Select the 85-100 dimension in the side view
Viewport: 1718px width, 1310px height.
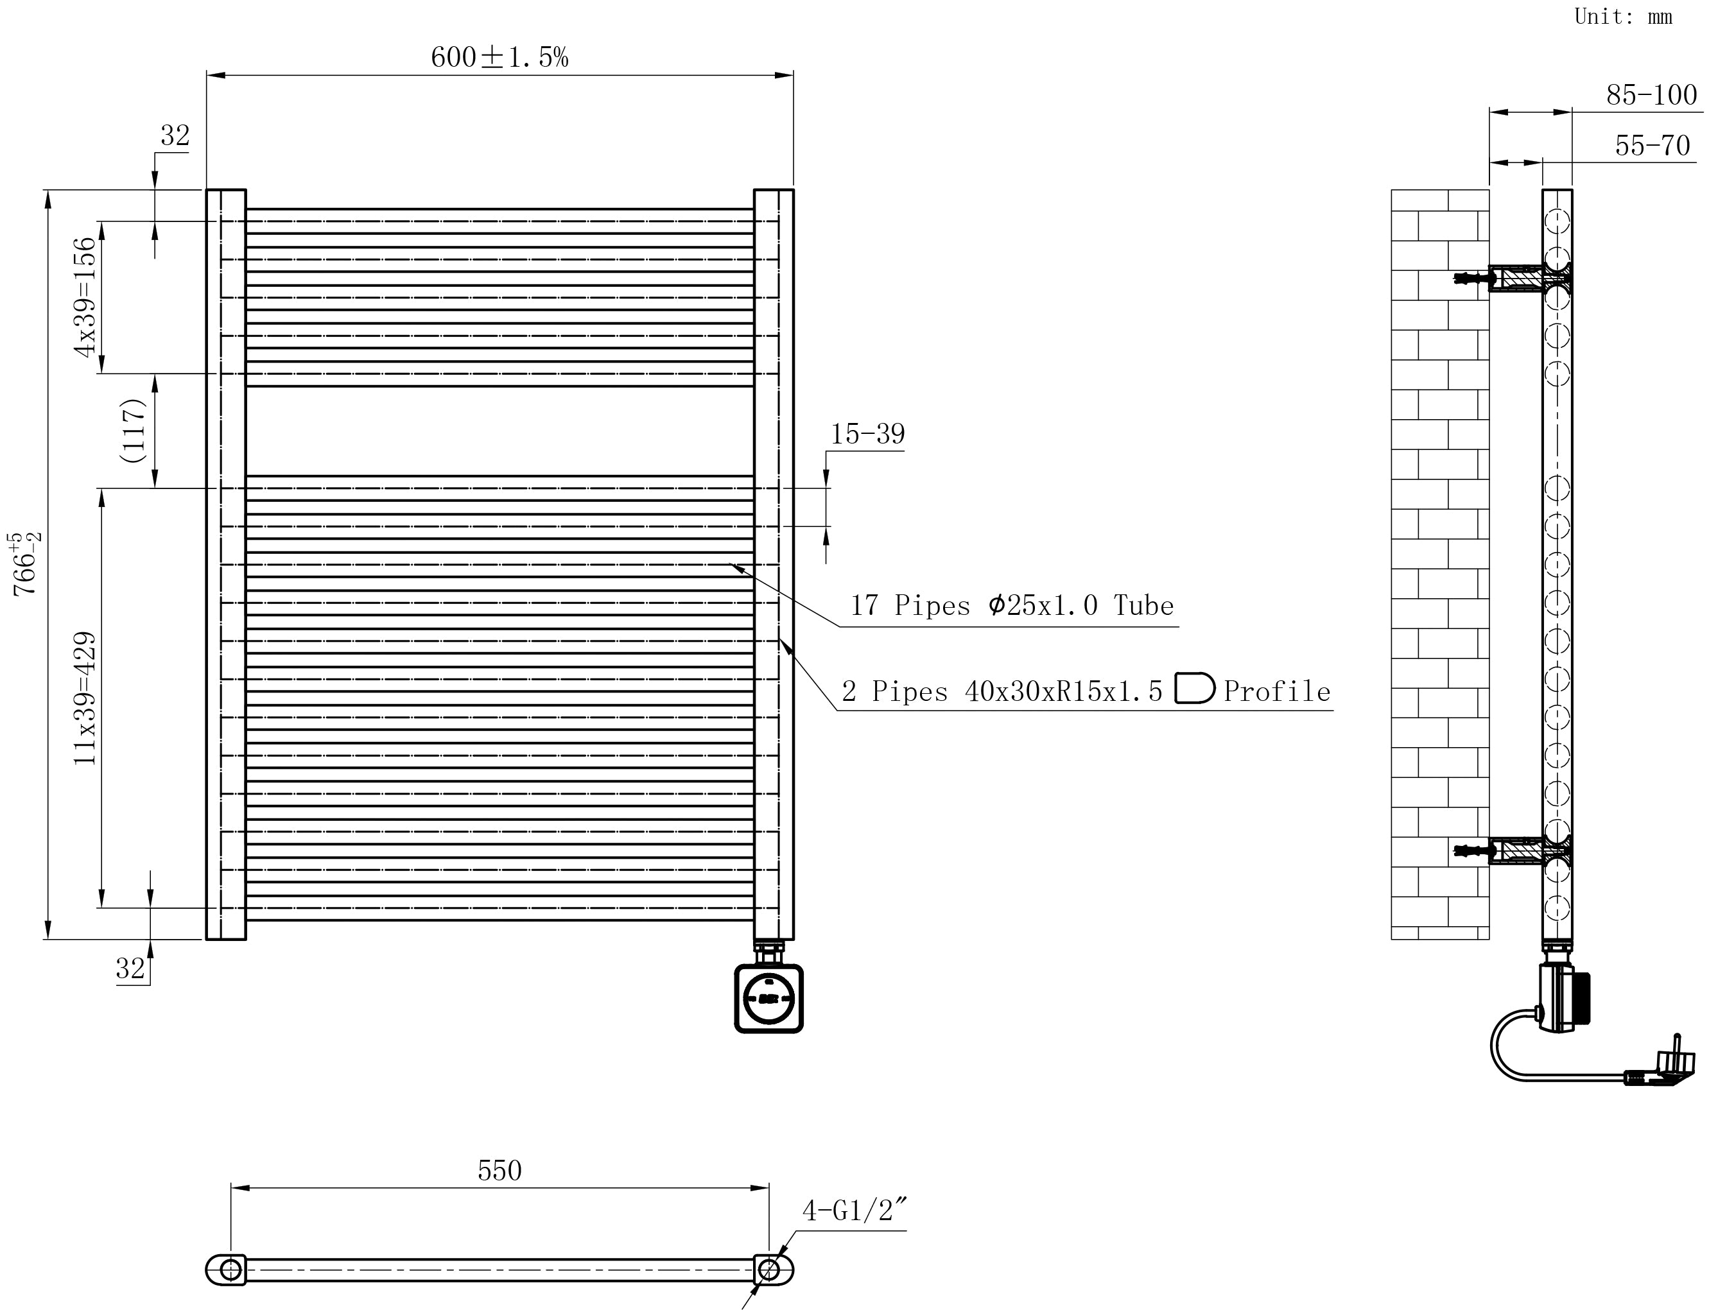tap(1651, 95)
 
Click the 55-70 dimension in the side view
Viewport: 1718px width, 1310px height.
tap(1652, 146)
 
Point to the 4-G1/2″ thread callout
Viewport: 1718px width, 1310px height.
tap(855, 1210)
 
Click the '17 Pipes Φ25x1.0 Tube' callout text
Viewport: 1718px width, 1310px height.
tap(1011, 606)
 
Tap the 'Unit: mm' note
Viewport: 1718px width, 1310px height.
tap(1623, 17)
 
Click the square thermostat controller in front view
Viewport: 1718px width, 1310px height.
tap(769, 998)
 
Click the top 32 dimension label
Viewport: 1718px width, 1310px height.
tap(175, 135)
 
